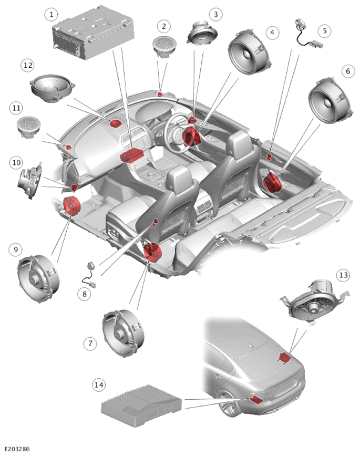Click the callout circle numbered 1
point(52,14)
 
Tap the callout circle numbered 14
point(99,385)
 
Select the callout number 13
point(343,275)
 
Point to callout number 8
point(85,294)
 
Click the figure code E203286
point(17,449)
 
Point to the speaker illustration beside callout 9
point(38,278)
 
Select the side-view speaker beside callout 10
point(30,181)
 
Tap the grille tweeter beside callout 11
point(28,127)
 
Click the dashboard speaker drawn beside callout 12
point(53,89)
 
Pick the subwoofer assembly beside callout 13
point(314,303)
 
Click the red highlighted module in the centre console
point(131,155)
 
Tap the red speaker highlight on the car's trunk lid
point(284,358)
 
